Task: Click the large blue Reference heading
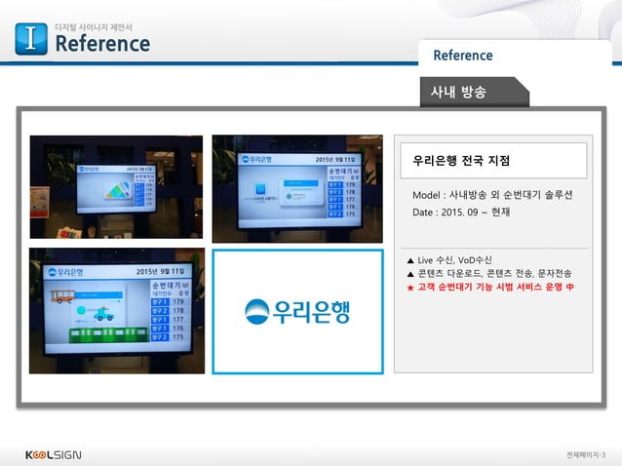(x=101, y=44)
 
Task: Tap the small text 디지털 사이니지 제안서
(x=93, y=25)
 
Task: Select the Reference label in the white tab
(x=463, y=56)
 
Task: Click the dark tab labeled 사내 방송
(x=458, y=92)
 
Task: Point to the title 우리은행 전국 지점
(x=461, y=160)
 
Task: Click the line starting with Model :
(x=492, y=195)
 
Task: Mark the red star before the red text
(x=410, y=288)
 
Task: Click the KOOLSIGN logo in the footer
(x=53, y=454)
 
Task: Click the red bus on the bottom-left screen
(x=63, y=296)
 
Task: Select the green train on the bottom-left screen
(x=108, y=333)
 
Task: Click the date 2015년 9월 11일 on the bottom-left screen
(x=161, y=271)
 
